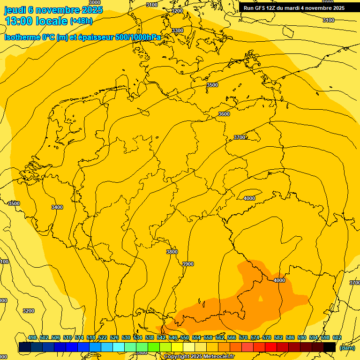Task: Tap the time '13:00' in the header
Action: [x=20, y=21]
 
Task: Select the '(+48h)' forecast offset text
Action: [x=81, y=21]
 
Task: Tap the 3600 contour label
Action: [x=224, y=114]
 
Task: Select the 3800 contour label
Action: [x=172, y=252]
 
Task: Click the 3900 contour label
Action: [x=187, y=264]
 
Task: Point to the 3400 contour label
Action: [x=57, y=207]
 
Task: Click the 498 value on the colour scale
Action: [x=32, y=337]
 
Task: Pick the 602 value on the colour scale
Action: [x=337, y=337]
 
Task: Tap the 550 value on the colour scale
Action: [x=185, y=337]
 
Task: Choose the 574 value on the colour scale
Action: [x=255, y=337]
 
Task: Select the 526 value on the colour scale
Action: [x=114, y=337]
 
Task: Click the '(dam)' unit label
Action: [x=347, y=347]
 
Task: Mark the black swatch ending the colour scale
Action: [x=330, y=347]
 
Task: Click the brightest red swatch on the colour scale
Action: [x=270, y=347]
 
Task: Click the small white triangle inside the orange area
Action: [x=261, y=298]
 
